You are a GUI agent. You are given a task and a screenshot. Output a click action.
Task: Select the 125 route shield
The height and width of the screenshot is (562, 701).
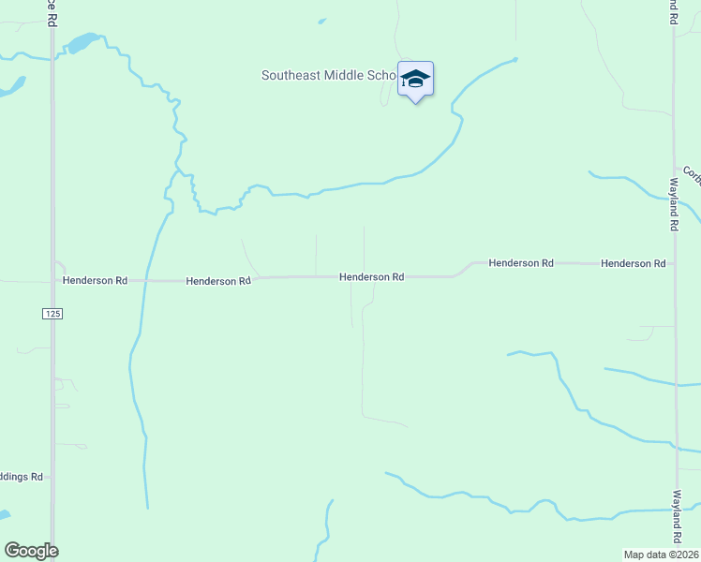(x=52, y=315)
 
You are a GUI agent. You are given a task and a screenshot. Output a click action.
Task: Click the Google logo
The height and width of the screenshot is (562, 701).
(x=31, y=551)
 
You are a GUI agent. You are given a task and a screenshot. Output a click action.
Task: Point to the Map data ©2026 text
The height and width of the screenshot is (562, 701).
(x=661, y=555)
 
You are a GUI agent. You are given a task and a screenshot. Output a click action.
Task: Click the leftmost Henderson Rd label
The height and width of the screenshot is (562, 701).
(x=95, y=280)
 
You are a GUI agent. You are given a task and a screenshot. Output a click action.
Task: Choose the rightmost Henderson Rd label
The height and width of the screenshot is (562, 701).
(x=633, y=264)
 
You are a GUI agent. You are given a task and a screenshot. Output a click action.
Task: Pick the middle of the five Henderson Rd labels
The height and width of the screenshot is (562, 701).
(x=371, y=277)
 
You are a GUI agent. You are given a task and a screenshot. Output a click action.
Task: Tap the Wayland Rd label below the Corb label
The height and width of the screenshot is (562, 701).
(x=674, y=204)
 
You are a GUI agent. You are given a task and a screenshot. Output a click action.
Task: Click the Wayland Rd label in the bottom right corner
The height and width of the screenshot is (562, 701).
(x=676, y=516)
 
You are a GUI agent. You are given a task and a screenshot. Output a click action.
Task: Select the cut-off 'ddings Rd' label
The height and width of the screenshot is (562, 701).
(x=22, y=477)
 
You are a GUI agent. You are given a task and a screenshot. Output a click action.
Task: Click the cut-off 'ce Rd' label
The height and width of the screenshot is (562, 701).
(x=52, y=12)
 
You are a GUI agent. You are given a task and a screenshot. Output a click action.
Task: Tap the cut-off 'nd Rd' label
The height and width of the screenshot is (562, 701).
(x=674, y=11)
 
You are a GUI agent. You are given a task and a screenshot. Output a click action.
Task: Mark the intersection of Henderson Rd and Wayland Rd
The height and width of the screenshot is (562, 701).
(x=674, y=264)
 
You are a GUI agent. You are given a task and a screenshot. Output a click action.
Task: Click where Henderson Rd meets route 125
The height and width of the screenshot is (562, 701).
(x=52, y=280)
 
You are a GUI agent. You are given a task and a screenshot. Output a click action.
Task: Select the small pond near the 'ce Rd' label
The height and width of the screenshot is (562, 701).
(x=82, y=43)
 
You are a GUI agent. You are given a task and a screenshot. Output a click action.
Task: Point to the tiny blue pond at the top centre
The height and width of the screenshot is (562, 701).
(x=321, y=21)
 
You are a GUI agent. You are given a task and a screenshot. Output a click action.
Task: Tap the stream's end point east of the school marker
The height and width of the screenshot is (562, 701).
(x=515, y=60)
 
